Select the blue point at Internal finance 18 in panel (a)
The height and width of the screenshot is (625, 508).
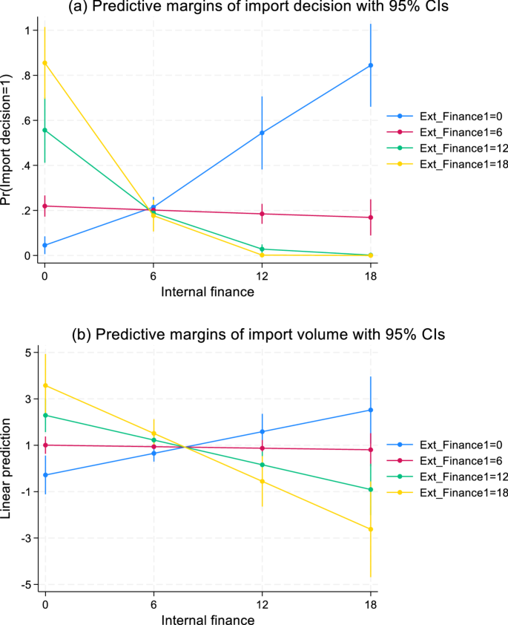[x=371, y=65]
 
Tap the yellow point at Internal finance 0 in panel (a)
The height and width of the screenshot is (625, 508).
[x=45, y=63]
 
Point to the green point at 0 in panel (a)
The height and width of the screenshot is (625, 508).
[x=45, y=130]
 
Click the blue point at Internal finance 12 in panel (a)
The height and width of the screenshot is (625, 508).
[x=262, y=133]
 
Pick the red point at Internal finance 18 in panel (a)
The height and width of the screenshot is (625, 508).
[x=371, y=217]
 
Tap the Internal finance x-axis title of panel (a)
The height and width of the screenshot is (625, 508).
[x=208, y=292]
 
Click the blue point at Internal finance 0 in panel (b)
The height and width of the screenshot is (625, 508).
[x=45, y=475]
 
